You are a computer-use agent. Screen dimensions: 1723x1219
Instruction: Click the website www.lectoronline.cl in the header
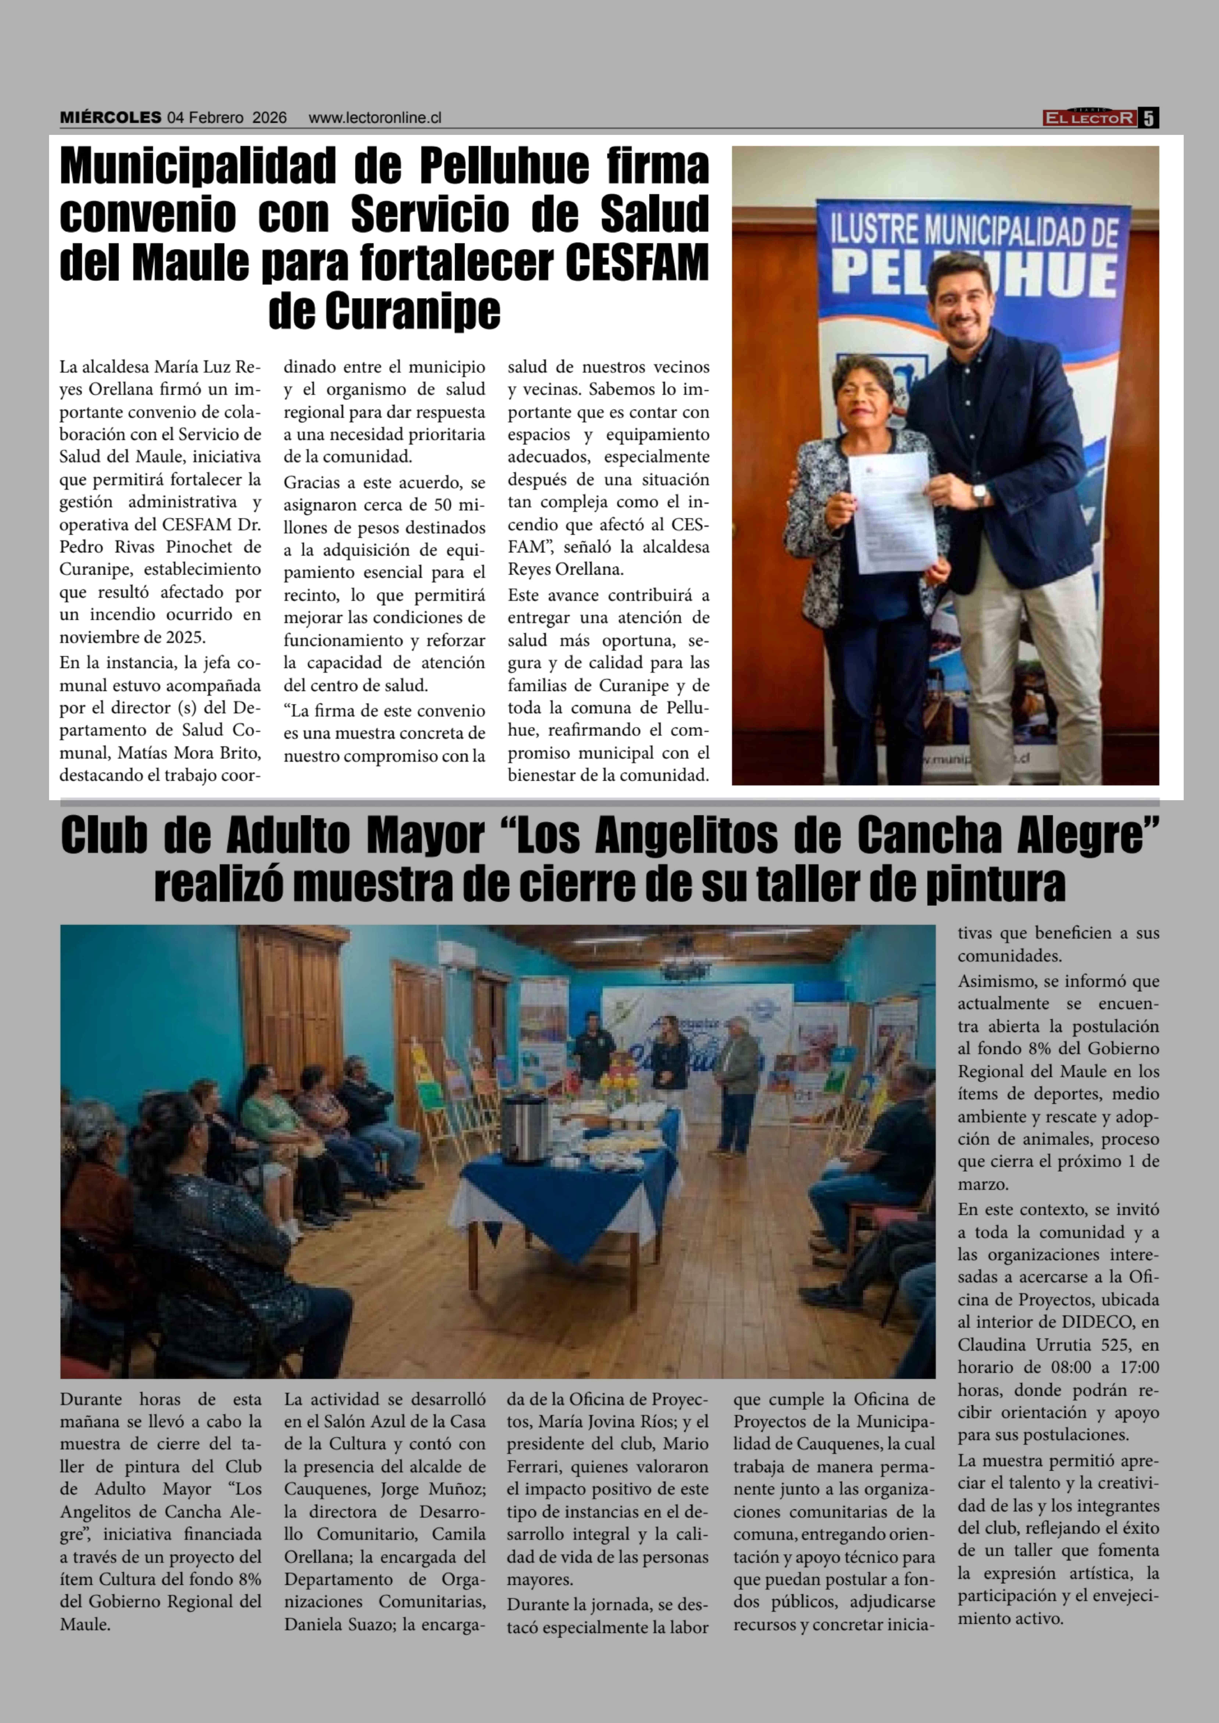[374, 118]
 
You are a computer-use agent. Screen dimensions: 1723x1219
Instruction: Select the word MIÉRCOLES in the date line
[110, 118]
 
